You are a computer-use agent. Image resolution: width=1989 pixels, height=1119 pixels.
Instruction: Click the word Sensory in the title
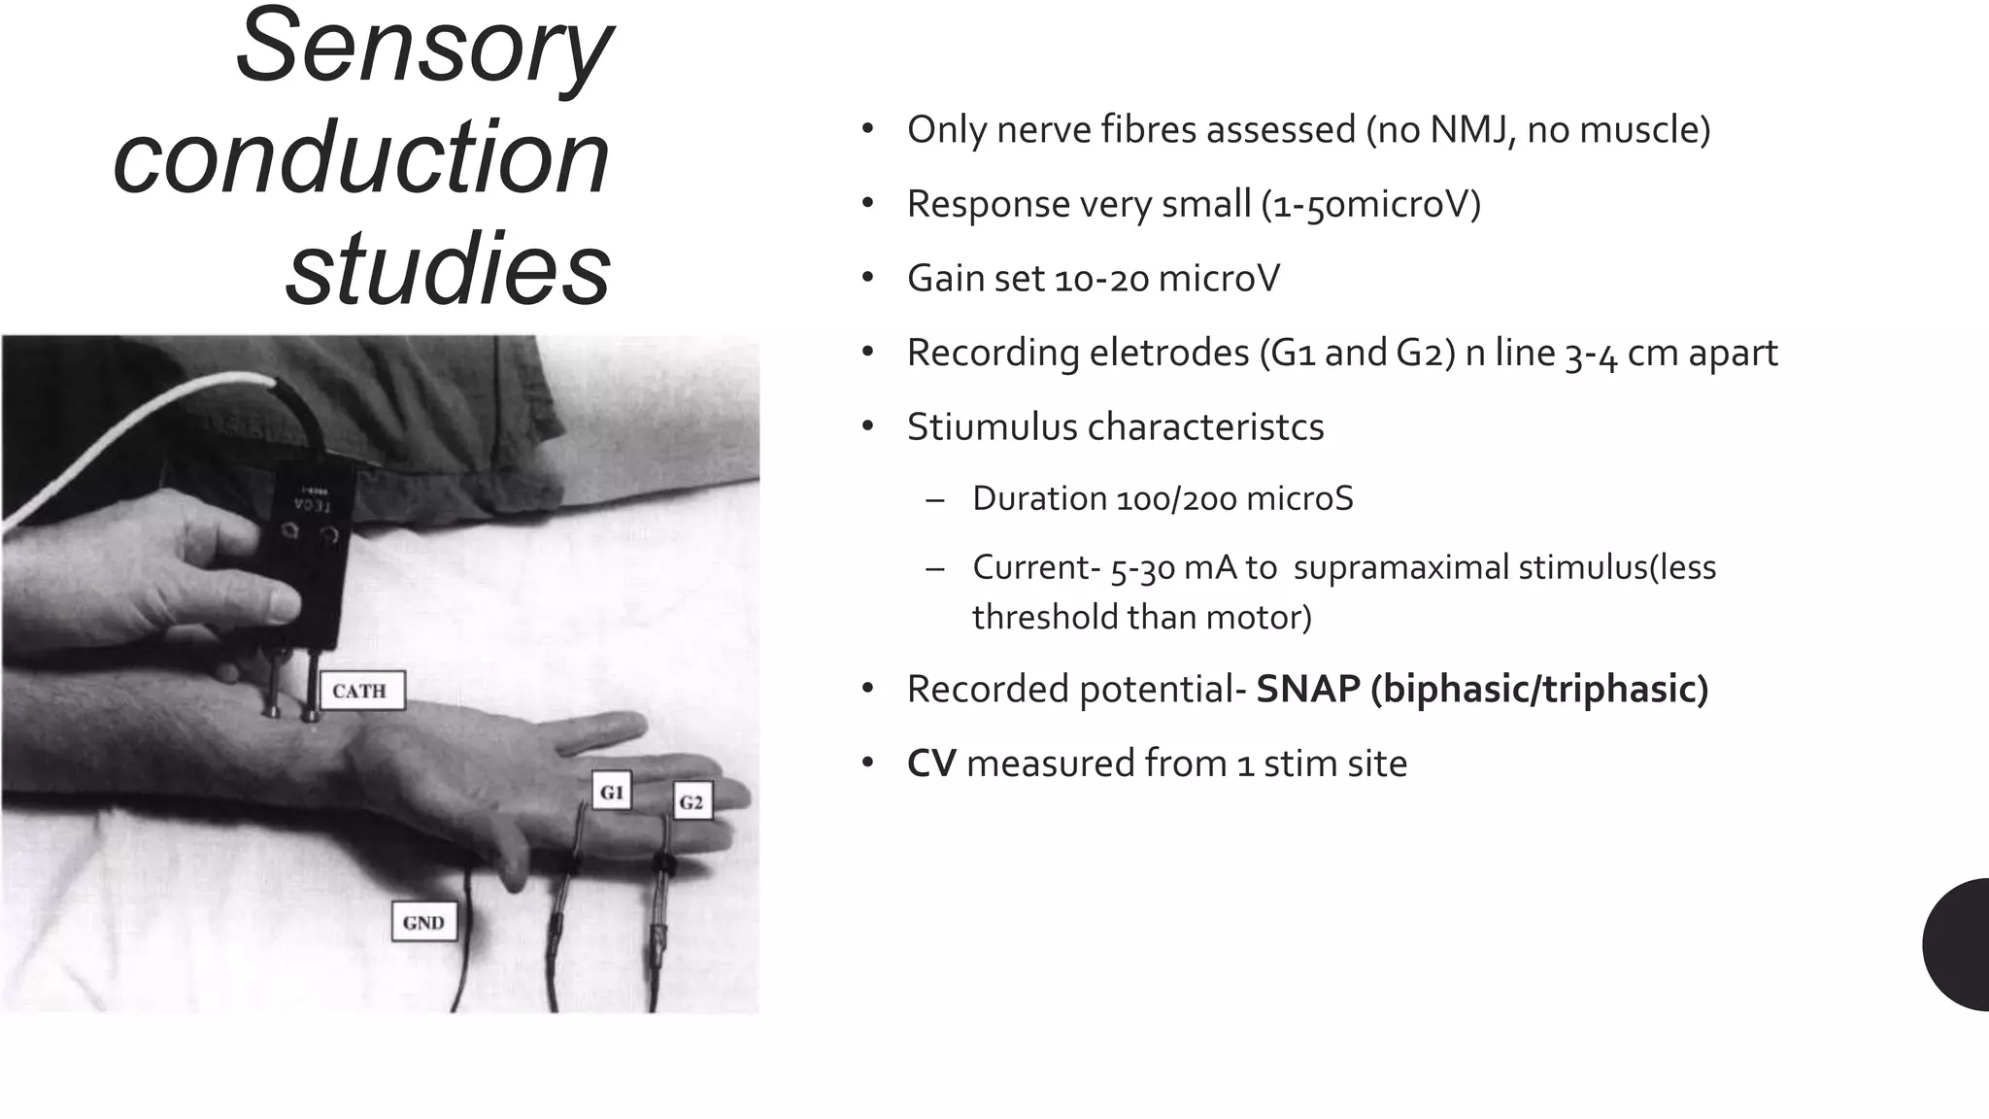pyautogui.click(x=423, y=49)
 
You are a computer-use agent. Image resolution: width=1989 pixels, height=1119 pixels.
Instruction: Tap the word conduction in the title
pyautogui.click(x=361, y=157)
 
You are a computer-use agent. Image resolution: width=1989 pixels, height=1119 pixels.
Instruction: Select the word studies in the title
pyautogui.click(x=448, y=268)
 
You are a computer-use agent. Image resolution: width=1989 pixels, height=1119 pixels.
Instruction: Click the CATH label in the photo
pyautogui.click(x=360, y=692)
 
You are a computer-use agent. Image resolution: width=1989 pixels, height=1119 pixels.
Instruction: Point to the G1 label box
pyautogui.click(x=612, y=793)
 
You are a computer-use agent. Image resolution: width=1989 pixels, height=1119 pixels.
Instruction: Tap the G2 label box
pyautogui.click(x=691, y=802)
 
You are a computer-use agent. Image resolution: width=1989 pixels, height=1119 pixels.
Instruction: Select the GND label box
pyautogui.click(x=423, y=923)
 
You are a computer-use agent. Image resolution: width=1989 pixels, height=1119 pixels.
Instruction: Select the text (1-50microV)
pyautogui.click(x=1370, y=205)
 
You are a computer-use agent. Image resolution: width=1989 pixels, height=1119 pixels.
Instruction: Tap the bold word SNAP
pyautogui.click(x=1307, y=690)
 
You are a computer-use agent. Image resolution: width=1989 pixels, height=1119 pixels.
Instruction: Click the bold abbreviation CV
pyautogui.click(x=931, y=764)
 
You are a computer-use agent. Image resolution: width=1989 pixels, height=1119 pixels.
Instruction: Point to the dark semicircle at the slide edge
pyautogui.click(x=1958, y=944)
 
